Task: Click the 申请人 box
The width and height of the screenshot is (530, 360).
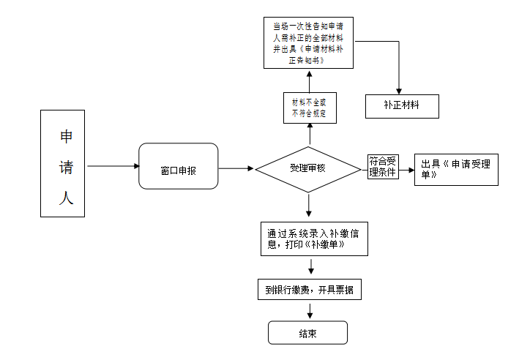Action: click(x=62, y=163)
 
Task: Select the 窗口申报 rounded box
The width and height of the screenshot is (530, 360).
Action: click(x=179, y=166)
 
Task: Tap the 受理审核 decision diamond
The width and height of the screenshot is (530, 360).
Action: click(x=308, y=169)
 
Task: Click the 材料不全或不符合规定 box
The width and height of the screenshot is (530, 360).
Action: click(x=310, y=108)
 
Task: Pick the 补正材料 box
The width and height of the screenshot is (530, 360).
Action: click(x=402, y=106)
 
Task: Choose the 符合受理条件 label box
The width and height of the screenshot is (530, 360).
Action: click(x=383, y=167)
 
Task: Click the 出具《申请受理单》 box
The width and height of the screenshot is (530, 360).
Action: click(x=456, y=170)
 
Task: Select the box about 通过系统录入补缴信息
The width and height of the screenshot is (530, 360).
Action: click(x=314, y=239)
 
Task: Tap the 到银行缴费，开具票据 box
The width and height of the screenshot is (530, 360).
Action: click(x=310, y=290)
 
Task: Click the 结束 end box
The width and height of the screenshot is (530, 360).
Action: click(x=308, y=333)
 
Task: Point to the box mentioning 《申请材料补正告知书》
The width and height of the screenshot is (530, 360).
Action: click(x=309, y=43)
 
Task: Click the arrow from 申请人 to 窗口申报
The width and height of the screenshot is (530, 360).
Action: click(x=113, y=166)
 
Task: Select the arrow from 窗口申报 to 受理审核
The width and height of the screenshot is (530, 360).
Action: click(x=236, y=168)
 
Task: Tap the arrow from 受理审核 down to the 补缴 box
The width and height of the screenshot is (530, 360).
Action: click(x=309, y=205)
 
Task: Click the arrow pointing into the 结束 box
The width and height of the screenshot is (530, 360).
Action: click(x=310, y=311)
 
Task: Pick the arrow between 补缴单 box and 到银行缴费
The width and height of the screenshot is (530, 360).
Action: click(x=311, y=266)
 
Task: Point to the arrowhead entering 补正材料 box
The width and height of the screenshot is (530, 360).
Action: click(x=399, y=91)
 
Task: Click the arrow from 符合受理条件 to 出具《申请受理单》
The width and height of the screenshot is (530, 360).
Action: click(x=406, y=170)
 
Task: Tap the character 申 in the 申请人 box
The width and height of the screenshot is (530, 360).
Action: click(x=66, y=136)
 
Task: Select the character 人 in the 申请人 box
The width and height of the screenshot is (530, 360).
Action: click(x=66, y=198)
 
